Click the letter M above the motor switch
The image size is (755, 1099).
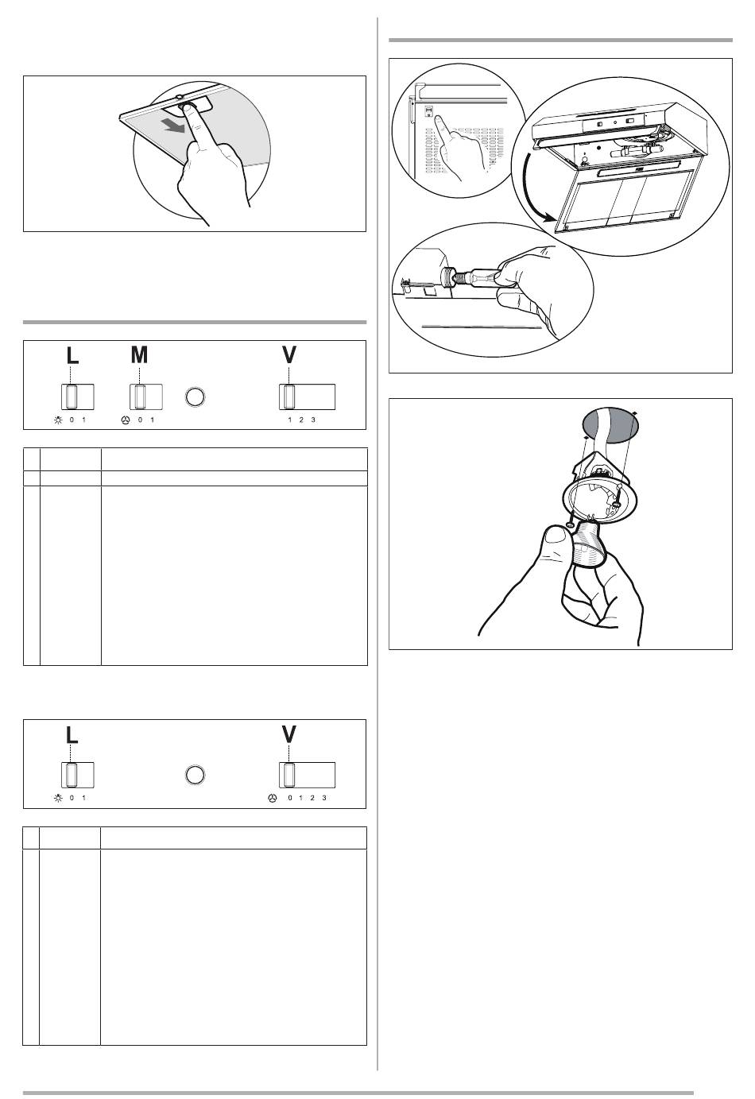coord(139,354)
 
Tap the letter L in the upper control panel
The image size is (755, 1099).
coord(72,355)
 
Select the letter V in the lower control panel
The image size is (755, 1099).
coord(289,734)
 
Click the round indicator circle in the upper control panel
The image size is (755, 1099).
coord(195,397)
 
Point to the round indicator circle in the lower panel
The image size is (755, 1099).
coord(195,775)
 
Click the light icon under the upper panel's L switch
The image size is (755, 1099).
coord(58,420)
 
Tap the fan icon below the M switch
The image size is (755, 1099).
coord(126,420)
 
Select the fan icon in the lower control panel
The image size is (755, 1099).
coord(273,799)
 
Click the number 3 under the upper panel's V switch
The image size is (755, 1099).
coord(313,420)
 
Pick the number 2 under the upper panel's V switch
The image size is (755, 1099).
coord(301,420)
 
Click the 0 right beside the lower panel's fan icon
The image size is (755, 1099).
coord(290,799)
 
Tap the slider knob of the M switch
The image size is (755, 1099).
coord(140,397)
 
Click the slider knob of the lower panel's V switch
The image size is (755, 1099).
coord(288,775)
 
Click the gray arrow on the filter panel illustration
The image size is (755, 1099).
coord(176,125)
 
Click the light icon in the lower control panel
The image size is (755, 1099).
coord(58,799)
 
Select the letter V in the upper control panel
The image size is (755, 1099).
coord(289,355)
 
